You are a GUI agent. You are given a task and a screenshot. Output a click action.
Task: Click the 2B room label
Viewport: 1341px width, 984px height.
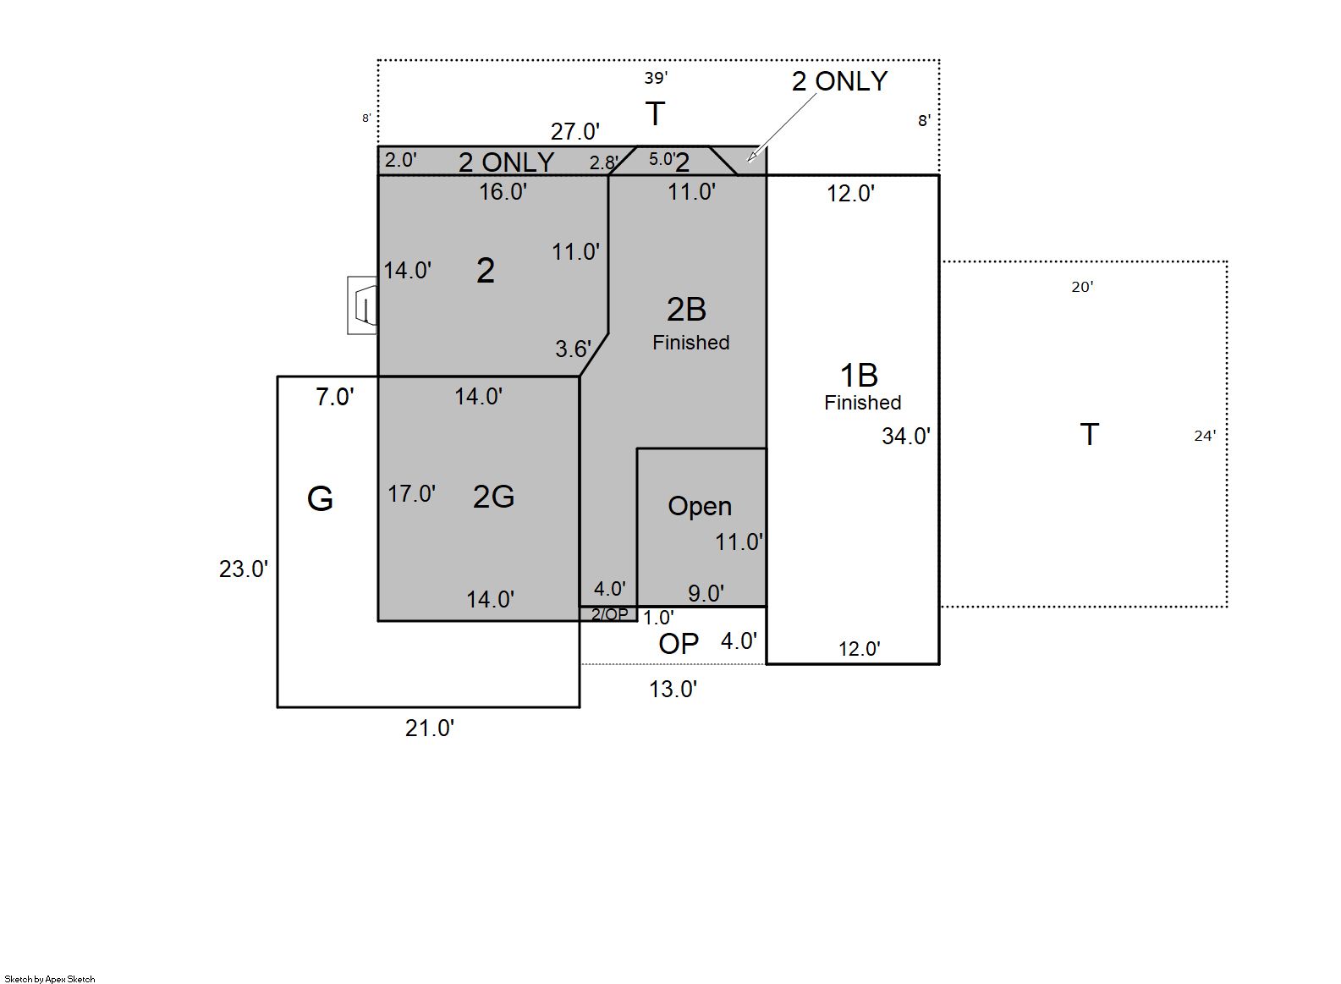pos(686,310)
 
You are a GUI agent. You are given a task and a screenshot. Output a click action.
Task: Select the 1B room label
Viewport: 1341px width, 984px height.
pos(859,376)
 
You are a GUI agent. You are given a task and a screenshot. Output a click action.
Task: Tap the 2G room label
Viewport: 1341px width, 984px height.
pos(493,496)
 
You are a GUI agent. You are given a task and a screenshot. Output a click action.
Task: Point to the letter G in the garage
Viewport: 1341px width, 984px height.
pos(320,498)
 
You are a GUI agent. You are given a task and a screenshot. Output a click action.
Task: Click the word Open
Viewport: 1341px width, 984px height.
pos(699,507)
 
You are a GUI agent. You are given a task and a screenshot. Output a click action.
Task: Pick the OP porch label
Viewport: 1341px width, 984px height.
pos(679,644)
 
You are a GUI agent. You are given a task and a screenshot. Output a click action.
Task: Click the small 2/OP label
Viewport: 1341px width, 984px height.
pos(609,615)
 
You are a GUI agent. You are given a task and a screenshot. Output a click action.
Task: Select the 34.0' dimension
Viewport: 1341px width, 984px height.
pos(906,437)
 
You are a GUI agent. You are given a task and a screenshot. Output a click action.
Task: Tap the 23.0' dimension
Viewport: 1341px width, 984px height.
pos(243,569)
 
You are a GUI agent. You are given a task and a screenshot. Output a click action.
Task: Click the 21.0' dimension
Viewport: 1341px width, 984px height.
pos(429,728)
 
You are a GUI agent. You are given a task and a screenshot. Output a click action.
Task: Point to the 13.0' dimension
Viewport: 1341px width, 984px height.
pos(673,690)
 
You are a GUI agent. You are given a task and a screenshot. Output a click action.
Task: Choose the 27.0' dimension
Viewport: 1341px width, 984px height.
pos(574,132)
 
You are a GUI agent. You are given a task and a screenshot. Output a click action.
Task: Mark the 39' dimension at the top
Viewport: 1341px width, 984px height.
pos(656,78)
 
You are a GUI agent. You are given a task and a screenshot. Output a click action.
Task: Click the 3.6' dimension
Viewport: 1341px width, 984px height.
pos(573,349)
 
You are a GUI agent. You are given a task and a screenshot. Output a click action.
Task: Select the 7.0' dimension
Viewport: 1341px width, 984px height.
pos(335,397)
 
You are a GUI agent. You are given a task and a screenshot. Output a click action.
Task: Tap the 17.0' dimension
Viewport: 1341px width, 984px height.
pos(411,494)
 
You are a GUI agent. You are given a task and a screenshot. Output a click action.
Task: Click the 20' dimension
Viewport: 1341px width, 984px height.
pos(1082,288)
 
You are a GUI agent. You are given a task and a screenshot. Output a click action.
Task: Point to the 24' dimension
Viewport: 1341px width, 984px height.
pos(1205,437)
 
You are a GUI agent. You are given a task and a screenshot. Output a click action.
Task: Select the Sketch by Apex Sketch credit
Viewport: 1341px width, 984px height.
pos(50,979)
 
